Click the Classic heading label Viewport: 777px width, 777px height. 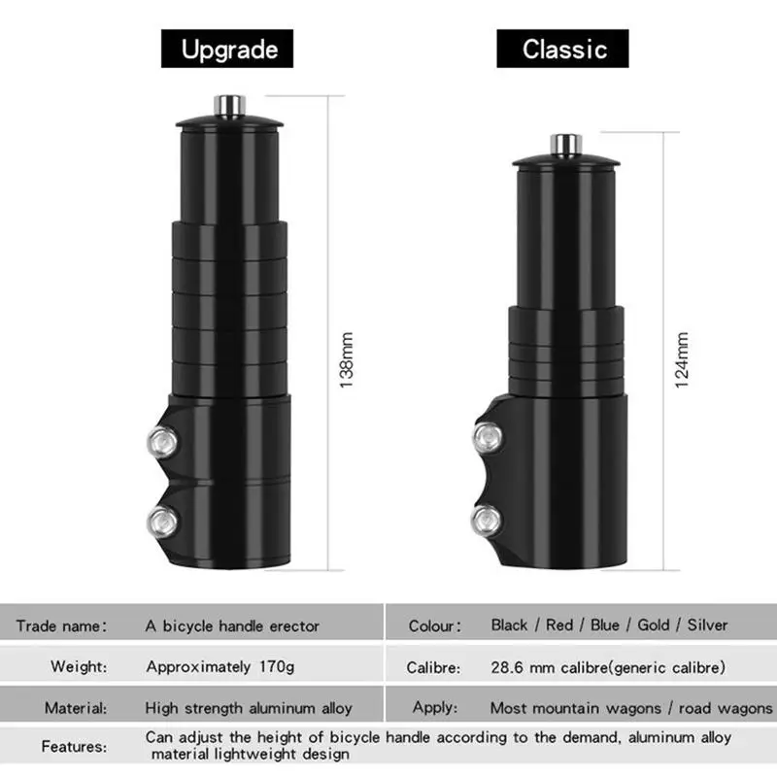pos(563,49)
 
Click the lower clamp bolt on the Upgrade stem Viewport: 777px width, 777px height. pos(160,522)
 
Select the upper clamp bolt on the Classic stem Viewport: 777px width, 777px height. pos(485,440)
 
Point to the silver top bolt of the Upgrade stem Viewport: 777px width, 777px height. pos(229,103)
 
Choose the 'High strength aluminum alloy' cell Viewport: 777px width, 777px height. pos(249,708)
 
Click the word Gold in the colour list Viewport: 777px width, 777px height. pos(654,625)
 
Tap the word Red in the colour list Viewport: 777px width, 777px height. pos(559,625)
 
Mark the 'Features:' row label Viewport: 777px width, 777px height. pos(74,747)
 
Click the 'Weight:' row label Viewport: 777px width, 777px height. pos(80,667)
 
